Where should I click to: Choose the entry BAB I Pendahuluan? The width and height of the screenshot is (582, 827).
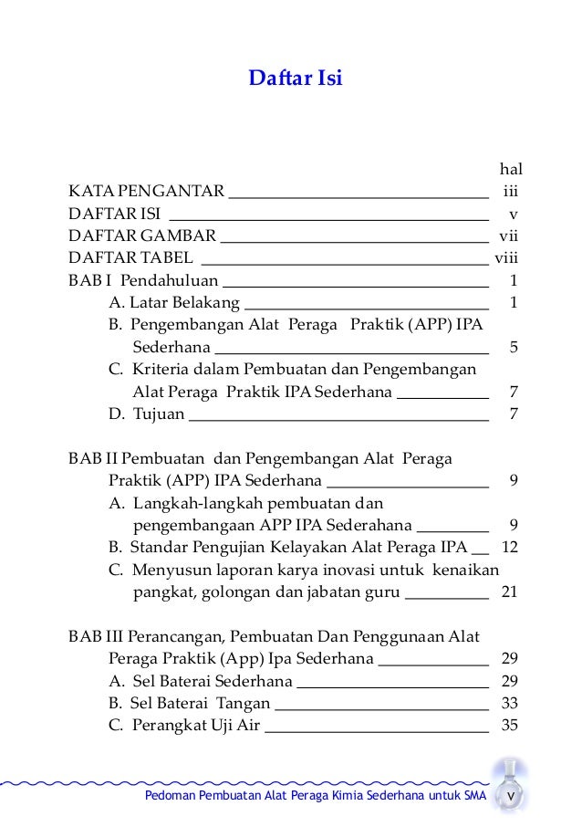[x=143, y=279]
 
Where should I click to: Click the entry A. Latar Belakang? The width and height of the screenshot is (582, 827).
[x=173, y=301]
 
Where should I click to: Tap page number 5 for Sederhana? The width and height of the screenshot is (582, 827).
[x=514, y=347]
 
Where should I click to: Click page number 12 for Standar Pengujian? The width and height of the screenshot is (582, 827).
[x=510, y=548]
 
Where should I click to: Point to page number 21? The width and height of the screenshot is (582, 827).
[x=510, y=591]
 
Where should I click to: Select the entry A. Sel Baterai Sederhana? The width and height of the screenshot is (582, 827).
[x=200, y=681]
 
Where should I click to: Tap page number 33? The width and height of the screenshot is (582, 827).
[x=510, y=703]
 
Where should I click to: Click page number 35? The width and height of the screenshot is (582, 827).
[x=510, y=727]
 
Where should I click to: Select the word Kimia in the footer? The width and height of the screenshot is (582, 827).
[x=347, y=800]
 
